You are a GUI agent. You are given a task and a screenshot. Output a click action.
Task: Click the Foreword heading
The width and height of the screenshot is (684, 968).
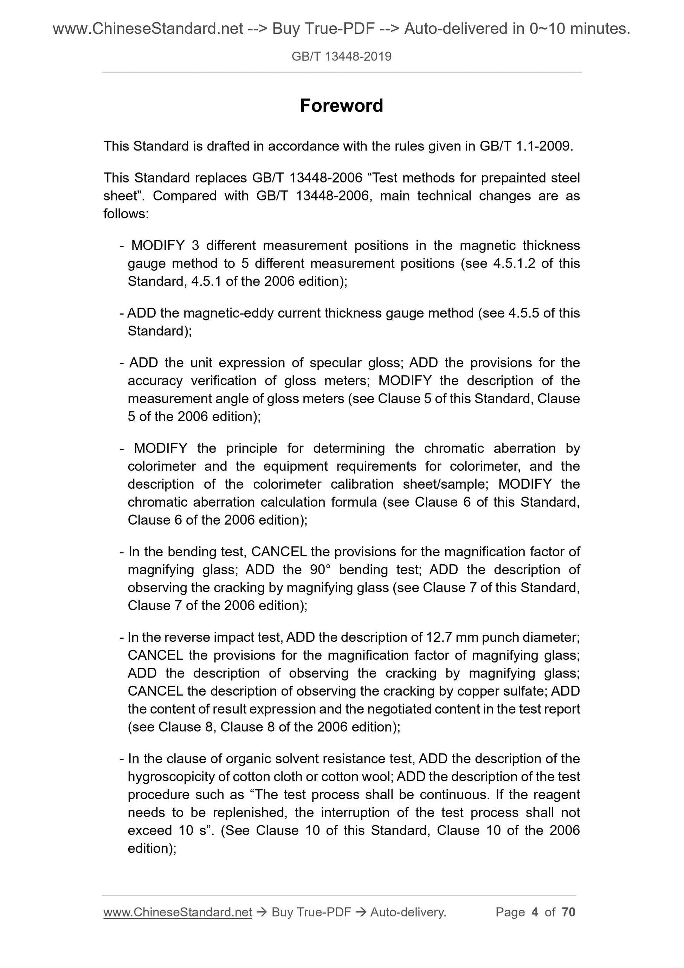point(341,105)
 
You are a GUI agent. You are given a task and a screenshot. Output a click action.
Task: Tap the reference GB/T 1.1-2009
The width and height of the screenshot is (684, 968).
point(526,146)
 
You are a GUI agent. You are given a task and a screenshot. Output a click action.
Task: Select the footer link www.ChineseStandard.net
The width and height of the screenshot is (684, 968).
point(178,912)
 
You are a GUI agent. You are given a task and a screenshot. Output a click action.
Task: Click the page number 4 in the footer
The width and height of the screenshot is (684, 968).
point(535,912)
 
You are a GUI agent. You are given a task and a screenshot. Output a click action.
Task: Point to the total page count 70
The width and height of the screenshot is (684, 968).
point(568,912)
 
